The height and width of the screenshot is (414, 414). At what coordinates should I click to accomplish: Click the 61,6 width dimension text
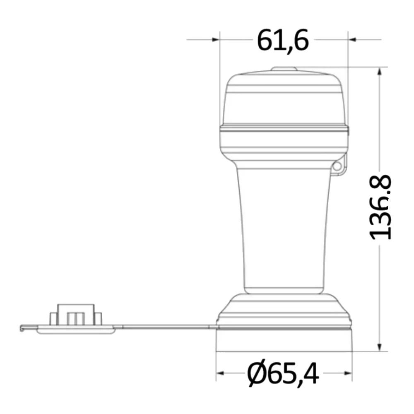[283, 41]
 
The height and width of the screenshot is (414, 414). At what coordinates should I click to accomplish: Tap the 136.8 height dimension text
[380, 207]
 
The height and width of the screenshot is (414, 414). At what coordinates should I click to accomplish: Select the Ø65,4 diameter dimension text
[283, 374]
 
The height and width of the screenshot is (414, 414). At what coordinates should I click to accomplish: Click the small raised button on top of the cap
[284, 70]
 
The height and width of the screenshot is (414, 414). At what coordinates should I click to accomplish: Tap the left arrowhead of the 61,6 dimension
[215, 40]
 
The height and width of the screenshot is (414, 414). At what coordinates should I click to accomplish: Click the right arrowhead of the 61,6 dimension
[352, 40]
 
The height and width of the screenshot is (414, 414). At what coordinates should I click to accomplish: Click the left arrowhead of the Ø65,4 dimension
[220, 373]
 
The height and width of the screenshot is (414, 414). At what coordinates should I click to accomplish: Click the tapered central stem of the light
[284, 228]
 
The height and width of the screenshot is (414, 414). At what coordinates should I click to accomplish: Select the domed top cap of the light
[284, 99]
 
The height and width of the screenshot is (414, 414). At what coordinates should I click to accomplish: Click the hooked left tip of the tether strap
[22, 328]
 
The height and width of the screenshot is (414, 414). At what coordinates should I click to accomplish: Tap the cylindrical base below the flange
[284, 340]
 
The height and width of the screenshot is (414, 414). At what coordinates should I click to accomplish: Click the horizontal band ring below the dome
[284, 129]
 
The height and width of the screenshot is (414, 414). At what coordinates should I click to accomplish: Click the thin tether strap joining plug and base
[166, 327]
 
